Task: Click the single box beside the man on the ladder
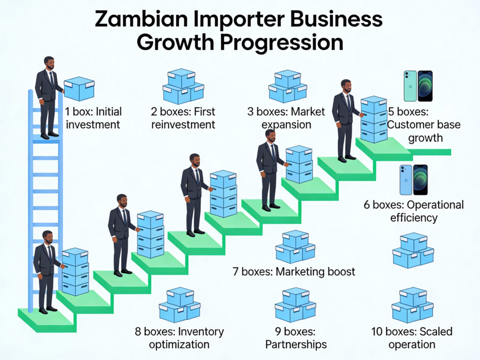pyautogui.click(x=79, y=88)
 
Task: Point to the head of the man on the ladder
pyautogui.click(x=49, y=63)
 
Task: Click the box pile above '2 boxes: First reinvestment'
pyautogui.click(x=183, y=86)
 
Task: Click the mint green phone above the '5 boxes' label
pyautogui.click(x=410, y=86)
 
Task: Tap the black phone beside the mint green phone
pyautogui.click(x=425, y=86)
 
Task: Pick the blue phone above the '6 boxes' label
pyautogui.click(x=406, y=180)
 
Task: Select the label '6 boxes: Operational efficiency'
pyautogui.click(x=413, y=211)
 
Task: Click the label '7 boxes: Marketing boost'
pyautogui.click(x=294, y=271)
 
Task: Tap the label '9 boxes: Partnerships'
pyautogui.click(x=295, y=338)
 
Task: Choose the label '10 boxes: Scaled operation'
pyautogui.click(x=412, y=338)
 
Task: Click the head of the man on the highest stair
pyautogui.click(x=346, y=86)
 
